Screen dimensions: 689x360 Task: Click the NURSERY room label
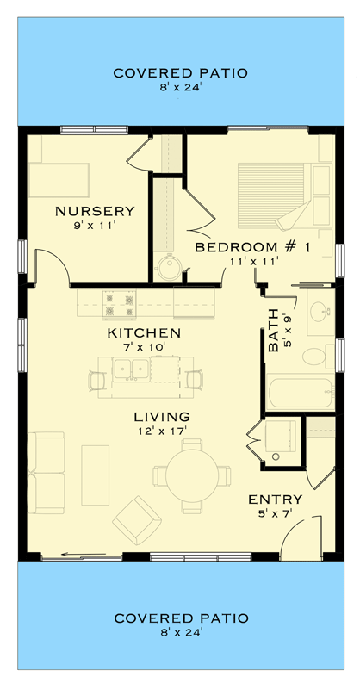click(95, 211)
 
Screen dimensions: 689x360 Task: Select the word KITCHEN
click(144, 332)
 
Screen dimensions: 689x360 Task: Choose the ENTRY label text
click(275, 500)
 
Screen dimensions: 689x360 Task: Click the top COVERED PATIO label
click(181, 73)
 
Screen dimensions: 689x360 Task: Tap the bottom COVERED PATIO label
click(181, 618)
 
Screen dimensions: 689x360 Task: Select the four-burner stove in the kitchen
click(119, 302)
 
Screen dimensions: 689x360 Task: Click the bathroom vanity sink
click(320, 312)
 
